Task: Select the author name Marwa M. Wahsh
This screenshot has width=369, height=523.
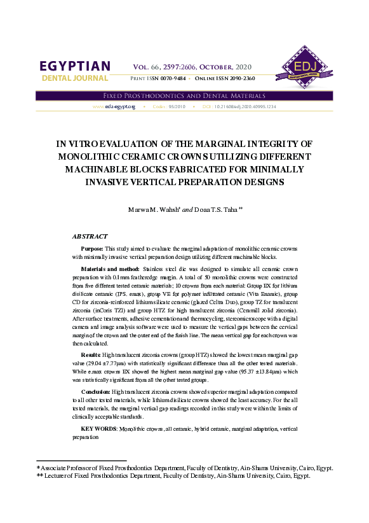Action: (154, 209)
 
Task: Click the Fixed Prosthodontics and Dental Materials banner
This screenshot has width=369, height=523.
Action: (184, 95)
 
